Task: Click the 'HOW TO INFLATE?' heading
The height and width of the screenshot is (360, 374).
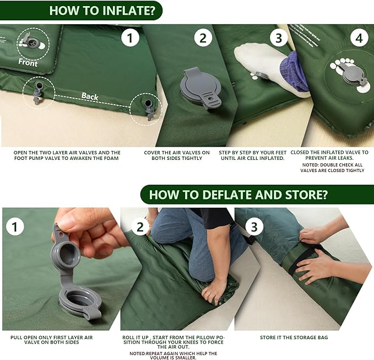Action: (106, 10)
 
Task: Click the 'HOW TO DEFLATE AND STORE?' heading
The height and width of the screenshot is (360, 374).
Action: (238, 195)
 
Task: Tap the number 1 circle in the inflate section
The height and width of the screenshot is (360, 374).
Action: (130, 38)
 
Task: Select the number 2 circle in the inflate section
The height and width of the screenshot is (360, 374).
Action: (203, 38)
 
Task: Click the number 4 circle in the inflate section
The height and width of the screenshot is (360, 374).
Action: (359, 38)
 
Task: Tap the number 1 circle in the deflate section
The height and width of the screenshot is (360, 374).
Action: (15, 226)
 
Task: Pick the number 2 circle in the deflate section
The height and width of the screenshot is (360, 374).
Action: (140, 226)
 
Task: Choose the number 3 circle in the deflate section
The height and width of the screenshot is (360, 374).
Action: (253, 226)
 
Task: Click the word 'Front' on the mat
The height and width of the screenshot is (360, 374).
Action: (28, 63)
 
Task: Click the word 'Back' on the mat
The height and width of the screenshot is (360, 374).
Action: (90, 96)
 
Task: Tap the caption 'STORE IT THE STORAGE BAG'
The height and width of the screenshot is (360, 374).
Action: (297, 337)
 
